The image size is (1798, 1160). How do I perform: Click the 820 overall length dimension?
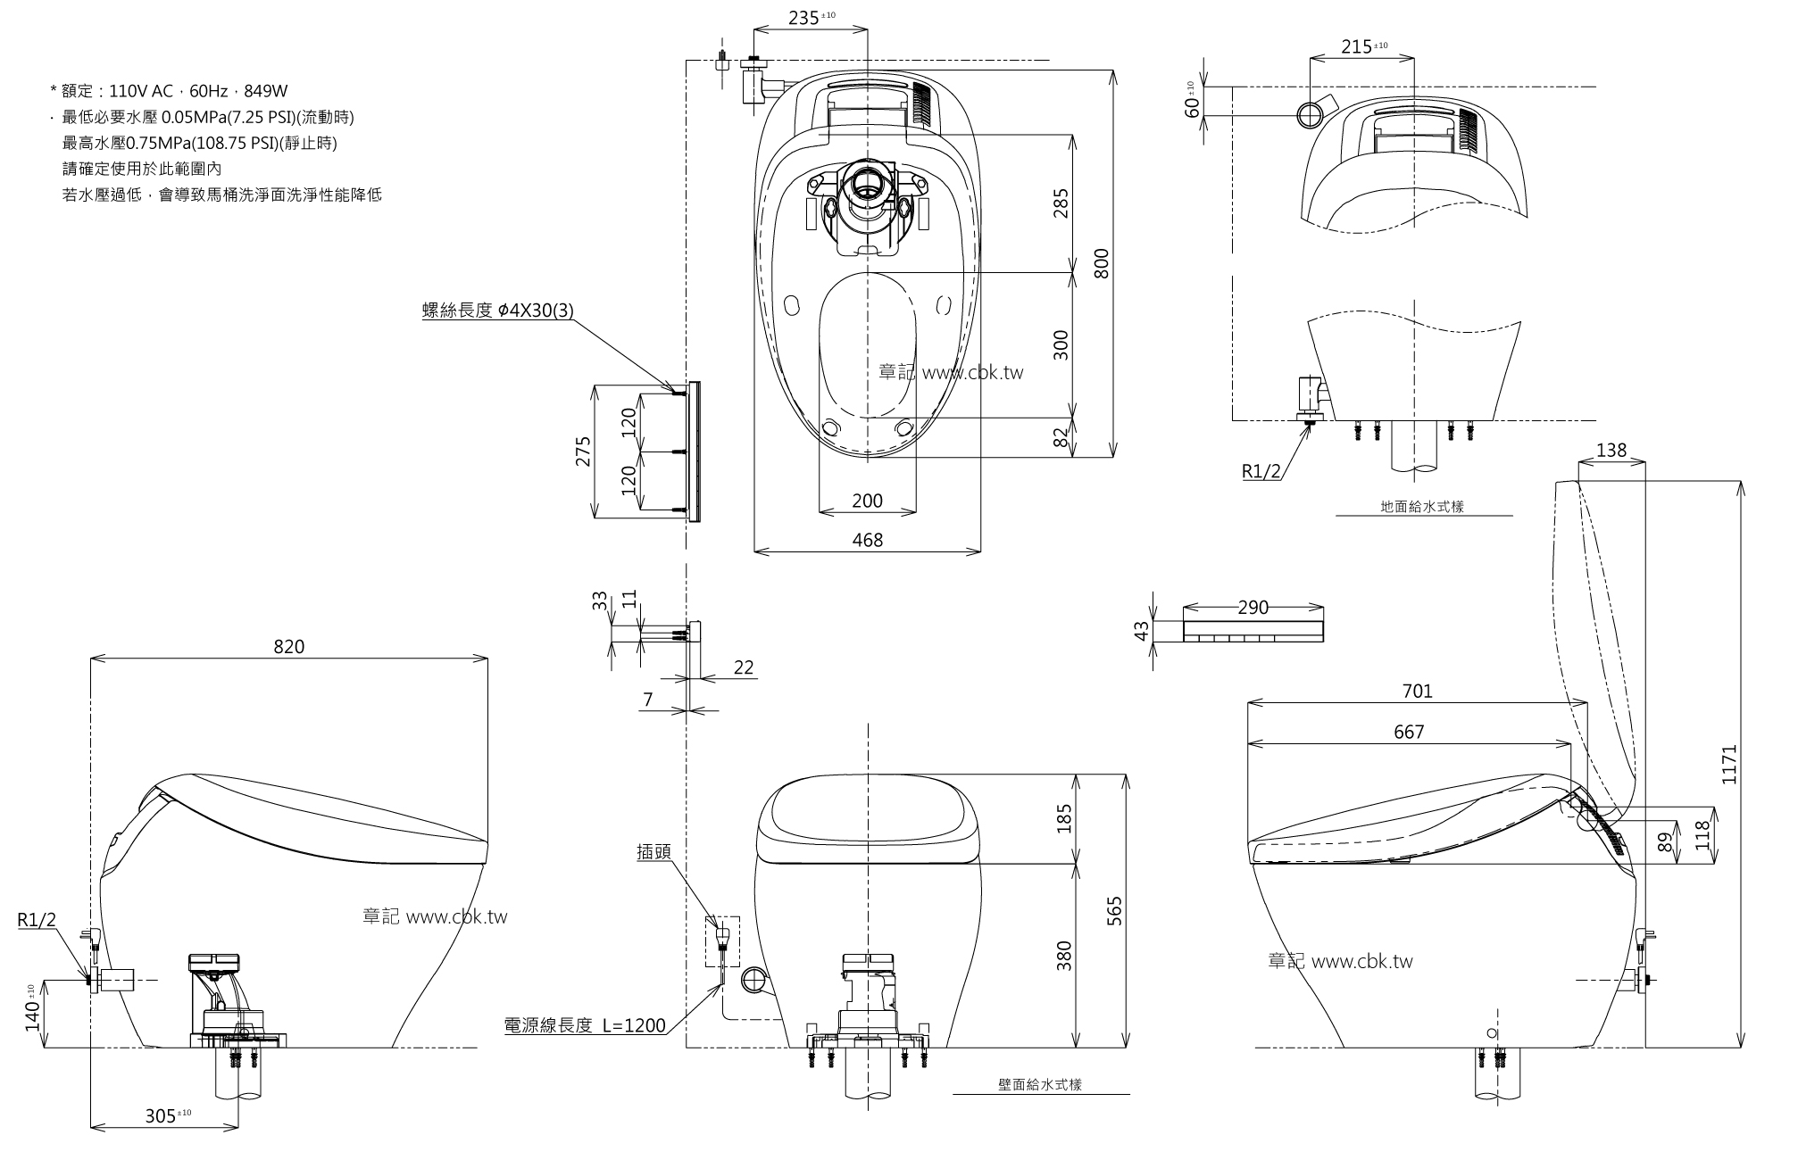[288, 647]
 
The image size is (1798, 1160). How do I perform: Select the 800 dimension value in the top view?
[1102, 263]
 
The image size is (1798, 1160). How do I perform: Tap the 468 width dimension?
[867, 540]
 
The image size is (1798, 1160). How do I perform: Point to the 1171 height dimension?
[1729, 764]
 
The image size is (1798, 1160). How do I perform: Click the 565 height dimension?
[1114, 911]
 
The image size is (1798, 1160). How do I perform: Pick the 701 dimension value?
[1417, 691]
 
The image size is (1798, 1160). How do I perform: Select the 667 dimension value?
[1409, 732]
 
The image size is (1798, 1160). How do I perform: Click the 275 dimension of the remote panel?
[583, 452]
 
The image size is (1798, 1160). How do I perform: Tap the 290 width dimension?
[1253, 608]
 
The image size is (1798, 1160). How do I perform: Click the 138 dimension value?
[1611, 451]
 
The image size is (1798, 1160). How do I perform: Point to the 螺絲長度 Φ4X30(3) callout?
[497, 311]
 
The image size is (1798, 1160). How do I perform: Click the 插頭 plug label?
[653, 853]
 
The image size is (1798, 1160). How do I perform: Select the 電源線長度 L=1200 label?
[585, 1025]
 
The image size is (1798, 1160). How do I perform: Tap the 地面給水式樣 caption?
[1422, 507]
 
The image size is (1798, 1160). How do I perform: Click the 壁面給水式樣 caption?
[1040, 1085]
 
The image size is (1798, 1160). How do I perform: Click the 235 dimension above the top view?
[805, 18]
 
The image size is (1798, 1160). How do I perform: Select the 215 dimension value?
[1356, 46]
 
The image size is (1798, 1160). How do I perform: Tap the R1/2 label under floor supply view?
[1262, 471]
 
